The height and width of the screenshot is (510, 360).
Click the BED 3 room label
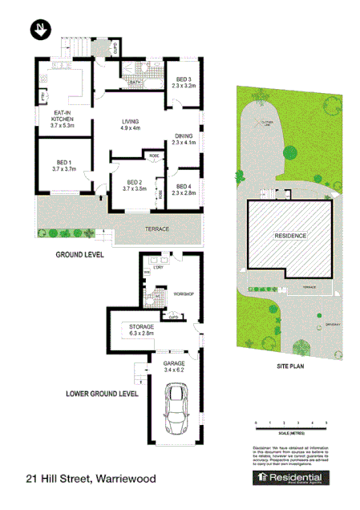pyautogui.click(x=184, y=81)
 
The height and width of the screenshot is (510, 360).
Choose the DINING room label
pyautogui.click(x=184, y=139)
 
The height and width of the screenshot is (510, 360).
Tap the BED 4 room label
pyautogui.click(x=184, y=189)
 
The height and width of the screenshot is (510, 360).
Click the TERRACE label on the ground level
pyautogui.click(x=157, y=229)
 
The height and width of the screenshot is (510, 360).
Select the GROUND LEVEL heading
pyautogui.click(x=79, y=254)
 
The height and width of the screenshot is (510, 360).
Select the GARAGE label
pyautogui.click(x=174, y=365)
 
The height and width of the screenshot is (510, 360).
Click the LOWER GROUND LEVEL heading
pyautogui.click(x=102, y=394)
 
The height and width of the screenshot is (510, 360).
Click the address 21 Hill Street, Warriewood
pyautogui.click(x=91, y=479)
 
